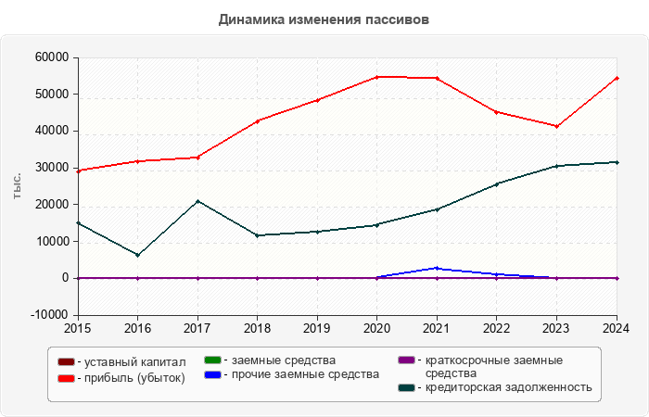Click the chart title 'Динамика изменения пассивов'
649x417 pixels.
[324, 19]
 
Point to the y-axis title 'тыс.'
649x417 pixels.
[18, 185]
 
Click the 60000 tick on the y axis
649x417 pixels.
[52, 57]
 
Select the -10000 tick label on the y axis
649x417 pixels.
[49, 315]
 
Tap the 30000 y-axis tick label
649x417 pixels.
[52, 168]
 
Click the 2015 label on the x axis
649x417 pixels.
[78, 328]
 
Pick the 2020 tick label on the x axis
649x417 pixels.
[376, 328]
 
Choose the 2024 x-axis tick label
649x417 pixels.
[617, 328]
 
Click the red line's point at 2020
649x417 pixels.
[376, 77]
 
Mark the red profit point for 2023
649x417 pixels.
[556, 126]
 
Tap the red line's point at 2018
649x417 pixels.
[258, 120]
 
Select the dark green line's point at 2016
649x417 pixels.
[138, 255]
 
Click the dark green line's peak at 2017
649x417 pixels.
[197, 201]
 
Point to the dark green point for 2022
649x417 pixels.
[497, 183]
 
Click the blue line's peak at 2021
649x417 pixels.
[437, 268]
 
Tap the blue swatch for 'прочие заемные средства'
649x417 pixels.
[211, 373]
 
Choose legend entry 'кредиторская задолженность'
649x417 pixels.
[506, 387]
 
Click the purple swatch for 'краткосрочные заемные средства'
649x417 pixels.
[404, 360]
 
